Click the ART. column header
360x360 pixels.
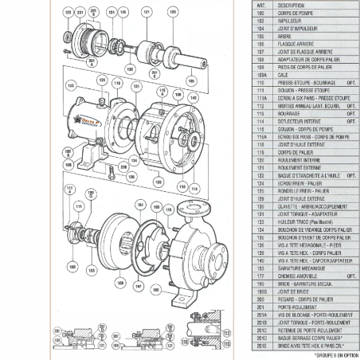(260, 5)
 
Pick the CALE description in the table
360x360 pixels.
(282, 76)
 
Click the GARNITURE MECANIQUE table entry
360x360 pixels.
(298, 268)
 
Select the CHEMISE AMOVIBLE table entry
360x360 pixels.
(294, 275)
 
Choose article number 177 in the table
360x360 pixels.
(260, 275)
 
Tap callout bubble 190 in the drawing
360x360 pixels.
(72, 268)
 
